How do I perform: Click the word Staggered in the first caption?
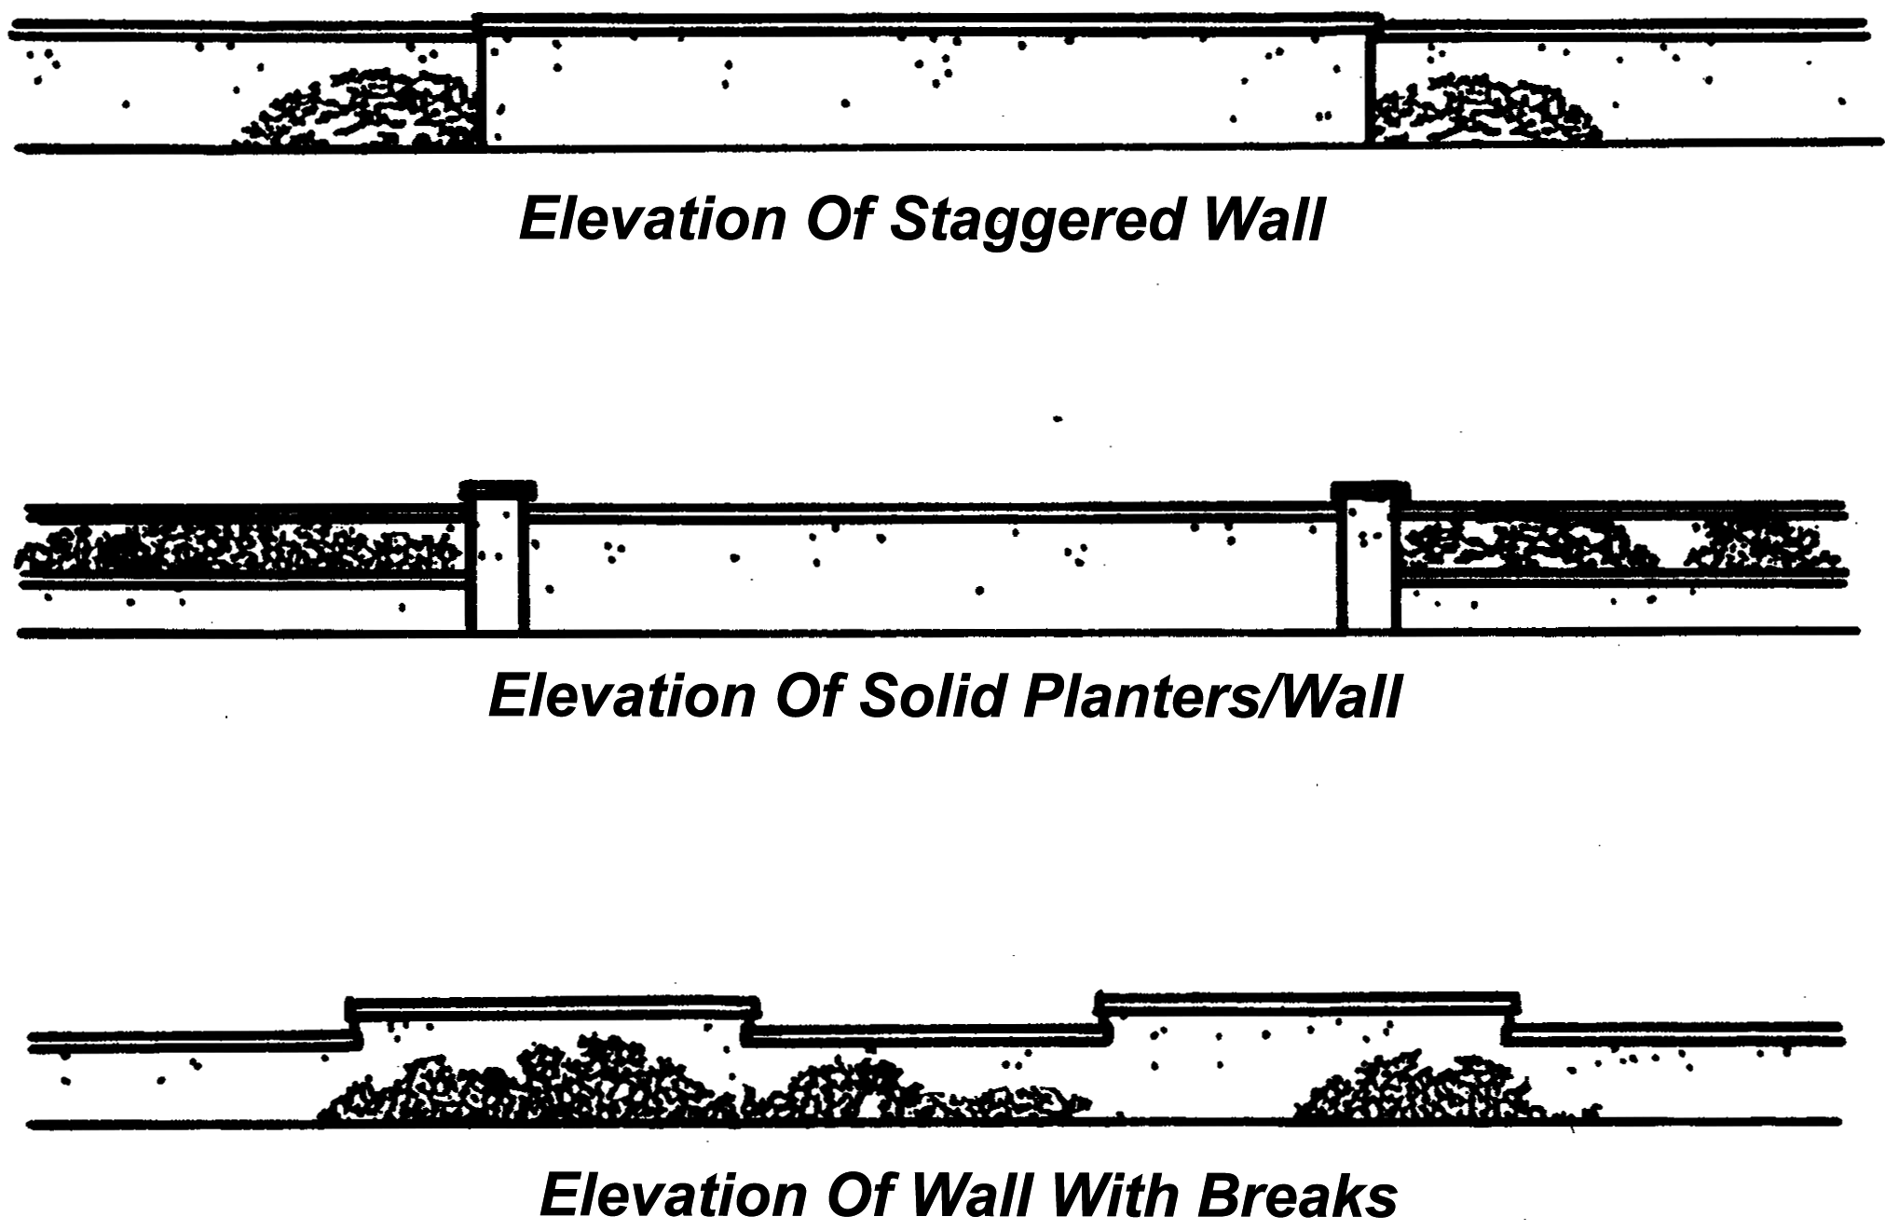(x=1037, y=221)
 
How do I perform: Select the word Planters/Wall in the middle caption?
(x=1211, y=696)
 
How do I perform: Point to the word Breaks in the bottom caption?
(x=1297, y=1195)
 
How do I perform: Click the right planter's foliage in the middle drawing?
(x=1621, y=548)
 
